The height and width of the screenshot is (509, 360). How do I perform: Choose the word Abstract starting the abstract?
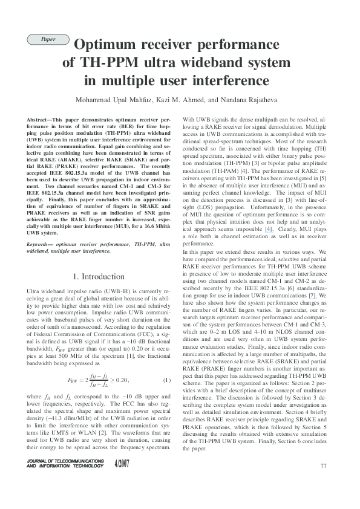pos(40,121)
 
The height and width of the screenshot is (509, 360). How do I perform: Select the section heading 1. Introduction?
pos(98,277)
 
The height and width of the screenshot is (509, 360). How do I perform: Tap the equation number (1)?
pos(167,380)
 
